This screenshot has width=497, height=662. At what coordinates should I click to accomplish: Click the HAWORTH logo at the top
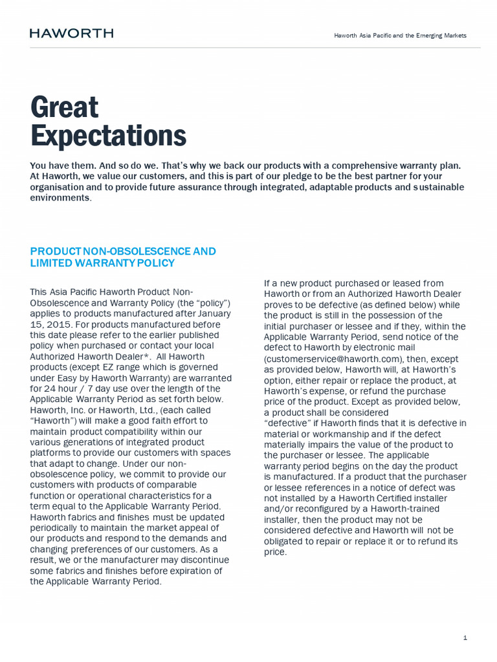(71, 33)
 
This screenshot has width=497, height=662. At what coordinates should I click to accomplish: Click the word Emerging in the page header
(423, 36)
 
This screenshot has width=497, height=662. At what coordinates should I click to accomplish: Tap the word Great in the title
(64, 107)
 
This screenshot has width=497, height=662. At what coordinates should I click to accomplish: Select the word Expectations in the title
(108, 136)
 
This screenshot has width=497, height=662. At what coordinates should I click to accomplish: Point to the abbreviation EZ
(103, 367)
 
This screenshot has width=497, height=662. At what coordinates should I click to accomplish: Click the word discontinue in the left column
(202, 560)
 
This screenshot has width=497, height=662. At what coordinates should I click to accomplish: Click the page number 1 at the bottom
(465, 638)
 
